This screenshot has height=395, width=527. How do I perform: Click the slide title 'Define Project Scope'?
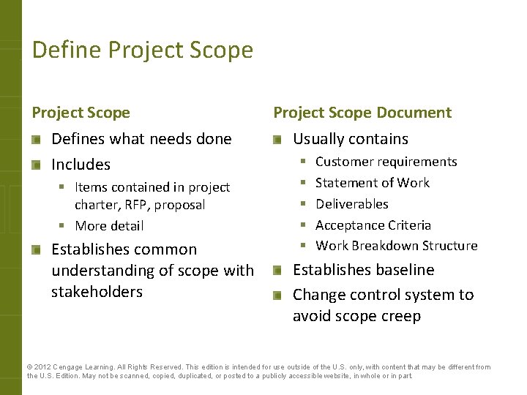coord(143,50)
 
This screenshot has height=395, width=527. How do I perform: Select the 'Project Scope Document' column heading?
coord(362,113)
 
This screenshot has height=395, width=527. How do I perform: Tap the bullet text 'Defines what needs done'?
coord(141,139)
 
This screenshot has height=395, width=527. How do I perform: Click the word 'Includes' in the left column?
coord(81,165)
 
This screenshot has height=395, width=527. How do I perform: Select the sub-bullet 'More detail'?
coord(110,226)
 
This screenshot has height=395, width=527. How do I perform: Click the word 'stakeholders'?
coord(97,292)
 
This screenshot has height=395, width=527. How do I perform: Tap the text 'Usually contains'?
coord(351,139)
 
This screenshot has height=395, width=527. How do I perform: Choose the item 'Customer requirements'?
coord(386,162)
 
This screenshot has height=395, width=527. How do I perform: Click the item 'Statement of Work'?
coord(372,183)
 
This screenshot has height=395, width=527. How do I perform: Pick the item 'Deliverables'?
coord(351,204)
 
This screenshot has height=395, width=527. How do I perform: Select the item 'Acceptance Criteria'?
coord(373,225)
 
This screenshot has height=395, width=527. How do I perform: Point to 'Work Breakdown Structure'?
coord(396,246)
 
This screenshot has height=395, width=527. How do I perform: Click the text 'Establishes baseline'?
coord(363,270)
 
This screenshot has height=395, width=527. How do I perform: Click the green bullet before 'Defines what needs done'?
coord(37,140)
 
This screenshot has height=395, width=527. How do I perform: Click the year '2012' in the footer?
coord(42,367)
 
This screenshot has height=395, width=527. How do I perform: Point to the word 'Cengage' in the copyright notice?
coord(69,367)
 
